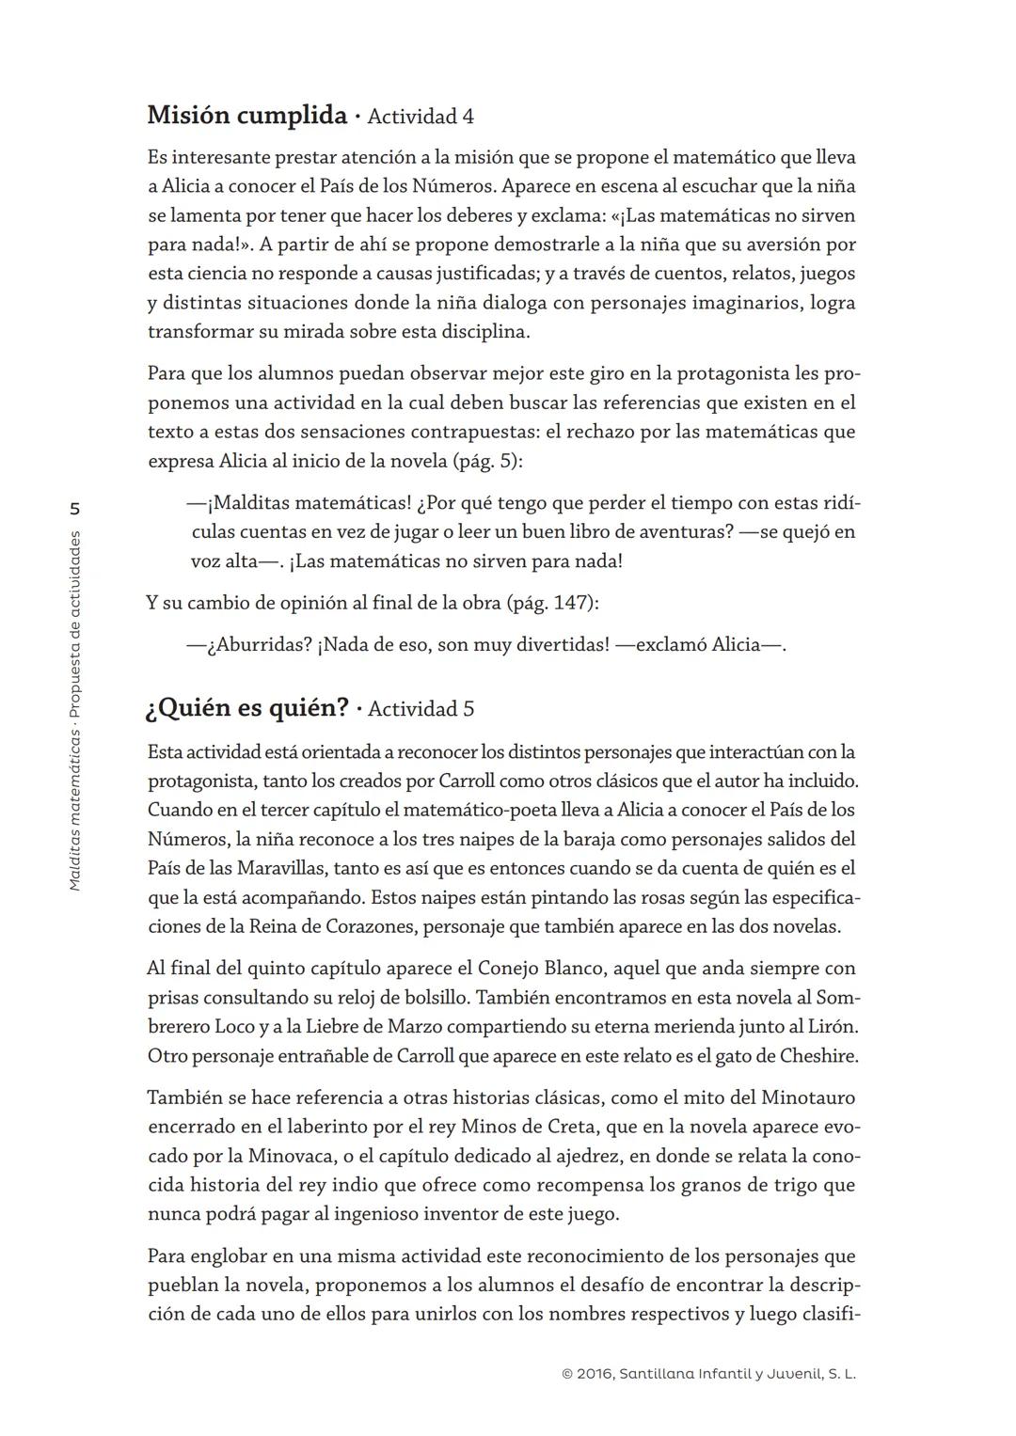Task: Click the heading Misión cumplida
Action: pyautogui.click(x=246, y=116)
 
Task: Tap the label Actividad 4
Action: pyautogui.click(x=421, y=117)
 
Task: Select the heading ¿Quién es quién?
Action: pyautogui.click(x=246, y=707)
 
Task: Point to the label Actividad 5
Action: pyautogui.click(x=421, y=709)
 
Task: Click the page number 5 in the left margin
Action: pyautogui.click(x=75, y=509)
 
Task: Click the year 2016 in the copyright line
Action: pyautogui.click(x=594, y=1374)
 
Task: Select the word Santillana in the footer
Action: pyautogui.click(x=659, y=1374)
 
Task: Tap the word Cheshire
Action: pyautogui.click(x=818, y=1056)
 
